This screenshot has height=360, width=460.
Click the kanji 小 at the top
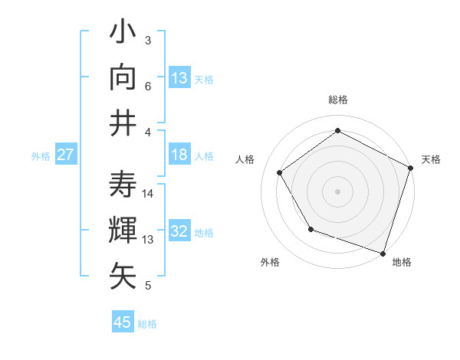(123, 34)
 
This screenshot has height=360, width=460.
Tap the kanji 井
(123, 123)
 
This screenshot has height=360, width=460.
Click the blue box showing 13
(179, 78)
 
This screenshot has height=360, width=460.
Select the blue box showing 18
(179, 155)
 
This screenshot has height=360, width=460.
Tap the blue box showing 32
(179, 231)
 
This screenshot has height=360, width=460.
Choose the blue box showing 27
(65, 155)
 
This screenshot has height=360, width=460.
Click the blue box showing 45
(123, 322)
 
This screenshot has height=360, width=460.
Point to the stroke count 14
(149, 194)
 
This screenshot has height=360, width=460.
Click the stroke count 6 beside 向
(149, 87)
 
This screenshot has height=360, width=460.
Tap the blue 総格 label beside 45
(147, 324)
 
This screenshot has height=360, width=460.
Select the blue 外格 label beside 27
(41, 156)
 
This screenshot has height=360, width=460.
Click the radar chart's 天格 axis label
(431, 159)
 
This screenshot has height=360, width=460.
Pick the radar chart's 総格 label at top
(338, 100)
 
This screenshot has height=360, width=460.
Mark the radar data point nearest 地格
(383, 253)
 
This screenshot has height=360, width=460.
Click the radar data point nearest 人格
(280, 172)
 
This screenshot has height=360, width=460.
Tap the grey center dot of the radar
(337, 191)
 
